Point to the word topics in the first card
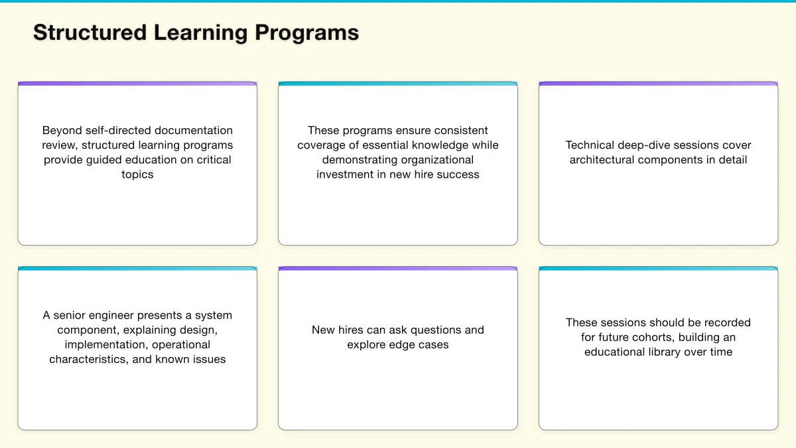pyautogui.click(x=137, y=175)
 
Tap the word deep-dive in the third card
pyautogui.click(x=643, y=145)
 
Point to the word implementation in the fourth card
pyautogui.click(x=106, y=344)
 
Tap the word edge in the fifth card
pyautogui.click(x=405, y=344)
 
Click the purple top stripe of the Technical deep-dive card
pyautogui.click(x=658, y=84)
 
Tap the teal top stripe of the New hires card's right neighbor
pyautogui.click(x=658, y=269)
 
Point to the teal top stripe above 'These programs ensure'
pyautogui.click(x=398, y=84)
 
